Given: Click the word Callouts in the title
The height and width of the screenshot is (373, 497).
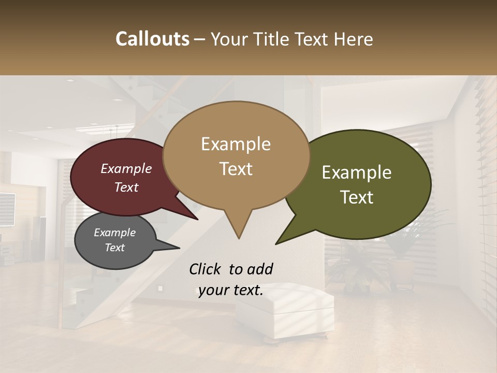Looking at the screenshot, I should pos(152,39).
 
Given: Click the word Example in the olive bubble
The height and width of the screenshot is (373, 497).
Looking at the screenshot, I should pos(357,173).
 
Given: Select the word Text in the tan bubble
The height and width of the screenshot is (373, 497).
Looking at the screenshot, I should pos(236,168).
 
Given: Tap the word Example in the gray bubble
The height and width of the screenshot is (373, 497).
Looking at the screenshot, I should pos(114,233).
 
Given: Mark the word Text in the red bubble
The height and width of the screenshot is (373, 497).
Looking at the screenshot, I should pos(126,187).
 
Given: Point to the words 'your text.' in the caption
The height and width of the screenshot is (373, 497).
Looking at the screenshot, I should pos(231,290).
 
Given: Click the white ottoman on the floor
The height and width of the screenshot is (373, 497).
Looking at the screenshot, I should pos(285,311).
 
